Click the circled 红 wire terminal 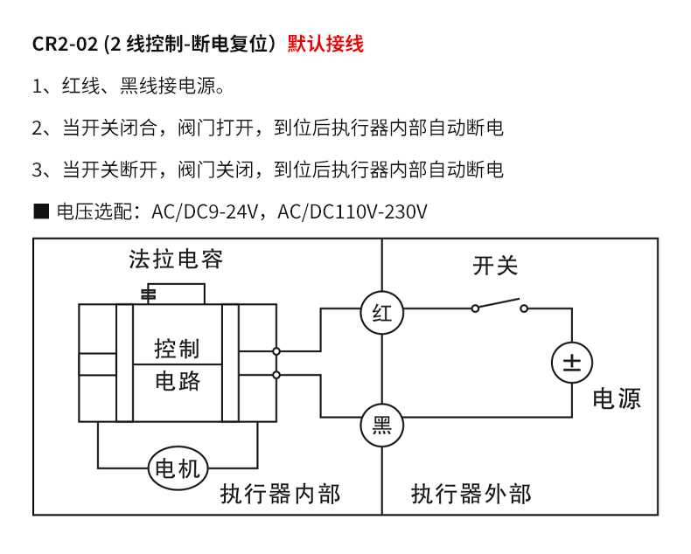pyautogui.click(x=382, y=313)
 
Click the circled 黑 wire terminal pyautogui.click(x=382, y=426)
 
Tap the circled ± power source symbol pyautogui.click(x=572, y=363)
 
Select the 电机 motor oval pyautogui.click(x=178, y=469)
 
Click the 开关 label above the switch pyautogui.click(x=496, y=266)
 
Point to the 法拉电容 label pyautogui.click(x=176, y=260)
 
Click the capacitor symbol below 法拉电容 pyautogui.click(x=149, y=293)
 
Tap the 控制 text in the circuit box pyautogui.click(x=178, y=349)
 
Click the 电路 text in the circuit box pyautogui.click(x=178, y=381)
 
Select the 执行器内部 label pyautogui.click(x=280, y=494)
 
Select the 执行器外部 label pyautogui.click(x=471, y=494)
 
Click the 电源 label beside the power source pyautogui.click(x=617, y=398)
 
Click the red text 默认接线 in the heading pyautogui.click(x=325, y=44)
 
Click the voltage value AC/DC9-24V pyautogui.click(x=207, y=211)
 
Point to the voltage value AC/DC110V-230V pyautogui.click(x=358, y=211)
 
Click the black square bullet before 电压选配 pyautogui.click(x=39, y=211)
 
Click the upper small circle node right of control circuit pyautogui.click(x=276, y=351)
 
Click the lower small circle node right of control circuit pyautogui.click(x=276, y=374)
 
